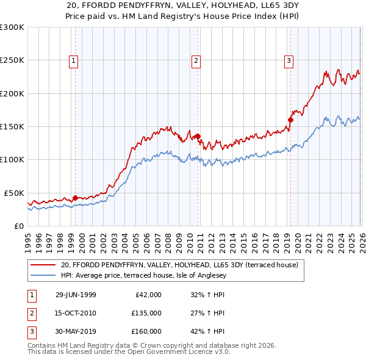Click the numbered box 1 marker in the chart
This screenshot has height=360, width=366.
point(73,60)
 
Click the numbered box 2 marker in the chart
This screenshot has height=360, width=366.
point(196,60)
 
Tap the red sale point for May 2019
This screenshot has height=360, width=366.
point(290,120)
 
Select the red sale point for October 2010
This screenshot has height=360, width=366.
point(198,137)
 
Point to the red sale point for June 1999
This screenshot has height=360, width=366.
point(76,198)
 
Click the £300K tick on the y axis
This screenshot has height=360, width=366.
point(12,27)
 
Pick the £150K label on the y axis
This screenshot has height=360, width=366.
point(12,126)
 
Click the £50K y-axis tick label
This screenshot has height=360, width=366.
point(14,193)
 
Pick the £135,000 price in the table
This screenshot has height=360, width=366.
point(146,313)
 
